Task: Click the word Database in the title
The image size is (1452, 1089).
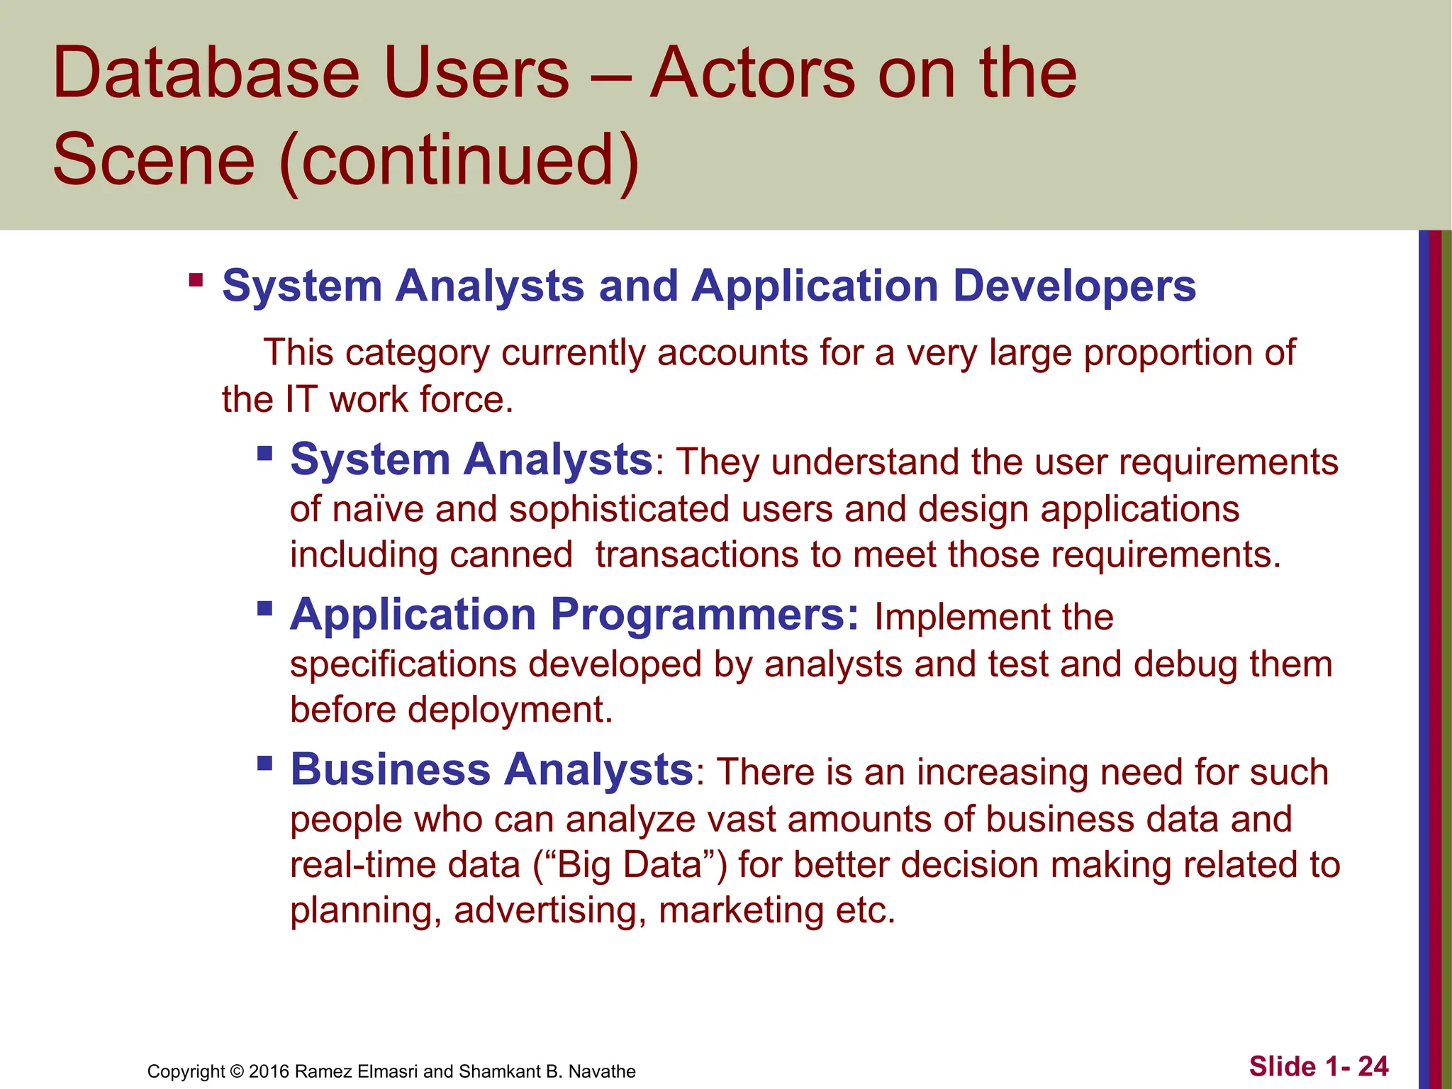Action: (206, 73)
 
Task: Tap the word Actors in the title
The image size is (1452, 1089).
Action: (752, 73)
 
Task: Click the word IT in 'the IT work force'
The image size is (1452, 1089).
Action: (301, 399)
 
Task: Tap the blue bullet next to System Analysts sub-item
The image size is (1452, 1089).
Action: (265, 453)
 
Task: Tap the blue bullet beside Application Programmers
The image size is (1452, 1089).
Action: (265, 608)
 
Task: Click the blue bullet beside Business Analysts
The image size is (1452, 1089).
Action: (265, 763)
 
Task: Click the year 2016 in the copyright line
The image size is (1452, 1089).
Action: (269, 1071)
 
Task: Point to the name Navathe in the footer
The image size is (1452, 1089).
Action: (602, 1071)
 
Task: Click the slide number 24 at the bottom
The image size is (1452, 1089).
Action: (1373, 1066)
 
